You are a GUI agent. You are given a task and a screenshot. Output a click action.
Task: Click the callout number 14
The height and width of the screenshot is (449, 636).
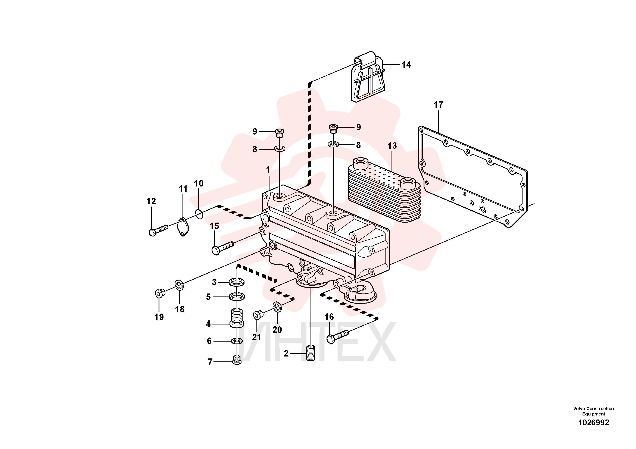coord(406,65)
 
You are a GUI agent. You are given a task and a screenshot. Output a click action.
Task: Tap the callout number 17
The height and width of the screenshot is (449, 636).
coord(438,105)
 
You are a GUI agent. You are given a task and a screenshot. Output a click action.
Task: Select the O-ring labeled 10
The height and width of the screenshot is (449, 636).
coord(199,214)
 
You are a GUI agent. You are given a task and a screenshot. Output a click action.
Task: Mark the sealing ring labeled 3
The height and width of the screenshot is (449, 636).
coord(237,283)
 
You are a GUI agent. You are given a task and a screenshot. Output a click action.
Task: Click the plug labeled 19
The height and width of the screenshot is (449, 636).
coord(160,293)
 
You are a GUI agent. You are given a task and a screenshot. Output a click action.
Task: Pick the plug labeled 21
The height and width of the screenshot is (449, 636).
coord(258,315)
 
